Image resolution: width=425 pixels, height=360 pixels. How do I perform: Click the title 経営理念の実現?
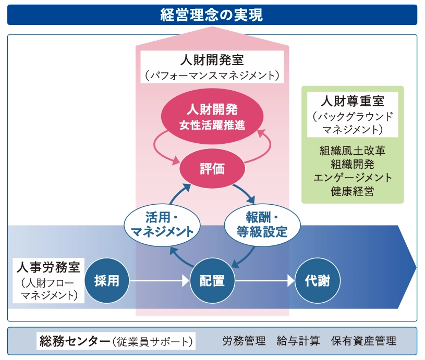[212, 15]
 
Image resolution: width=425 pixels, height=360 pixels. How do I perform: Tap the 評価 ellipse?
[212, 168]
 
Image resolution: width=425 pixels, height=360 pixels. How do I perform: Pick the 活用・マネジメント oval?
[162, 224]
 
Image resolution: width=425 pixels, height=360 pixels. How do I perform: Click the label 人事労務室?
[48, 268]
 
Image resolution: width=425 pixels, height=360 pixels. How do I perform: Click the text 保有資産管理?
[363, 341]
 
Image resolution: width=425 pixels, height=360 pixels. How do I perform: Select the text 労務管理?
[244, 341]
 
